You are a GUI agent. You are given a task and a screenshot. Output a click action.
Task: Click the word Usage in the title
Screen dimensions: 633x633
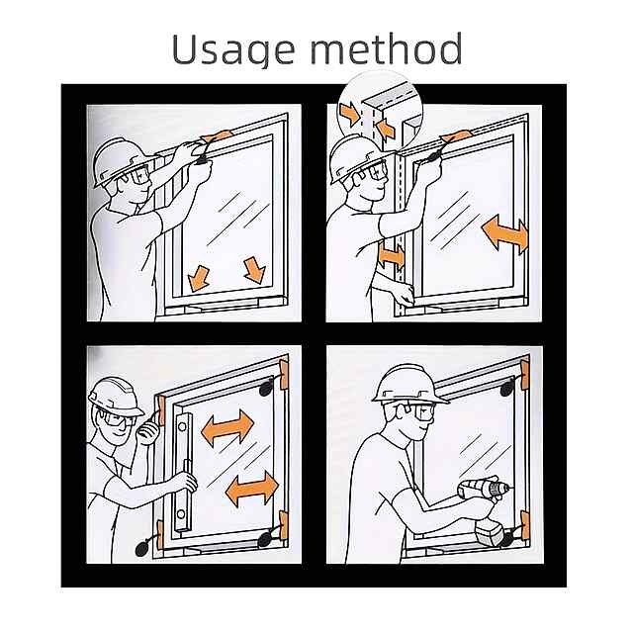point(233,49)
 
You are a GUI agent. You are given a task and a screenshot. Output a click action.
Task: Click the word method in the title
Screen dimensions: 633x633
point(386,48)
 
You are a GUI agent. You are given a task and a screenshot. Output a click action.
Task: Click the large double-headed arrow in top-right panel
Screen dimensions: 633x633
point(505,234)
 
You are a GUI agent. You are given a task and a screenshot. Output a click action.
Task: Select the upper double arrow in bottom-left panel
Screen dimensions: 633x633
point(227,427)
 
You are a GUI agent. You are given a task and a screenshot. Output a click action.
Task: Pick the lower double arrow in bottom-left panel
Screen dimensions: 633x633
point(252,489)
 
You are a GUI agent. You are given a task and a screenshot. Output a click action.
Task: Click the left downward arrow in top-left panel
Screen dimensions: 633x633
point(199,278)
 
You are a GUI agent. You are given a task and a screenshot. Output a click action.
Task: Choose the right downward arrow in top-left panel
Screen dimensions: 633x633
point(255,269)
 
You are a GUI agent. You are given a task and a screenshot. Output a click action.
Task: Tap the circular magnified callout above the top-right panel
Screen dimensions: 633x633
point(380,109)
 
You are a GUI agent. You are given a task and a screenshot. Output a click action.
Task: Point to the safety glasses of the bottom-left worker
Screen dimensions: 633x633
point(115,419)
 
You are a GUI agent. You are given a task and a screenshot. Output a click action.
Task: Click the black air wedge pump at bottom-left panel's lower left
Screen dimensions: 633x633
point(142,549)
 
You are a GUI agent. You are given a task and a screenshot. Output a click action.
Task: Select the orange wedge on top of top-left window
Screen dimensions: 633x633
point(218,136)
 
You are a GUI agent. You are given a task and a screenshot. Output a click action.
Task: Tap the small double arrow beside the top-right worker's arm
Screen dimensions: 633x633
point(392,256)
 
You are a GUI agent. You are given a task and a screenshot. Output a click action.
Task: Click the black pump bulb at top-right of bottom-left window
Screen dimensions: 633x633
point(266,389)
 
